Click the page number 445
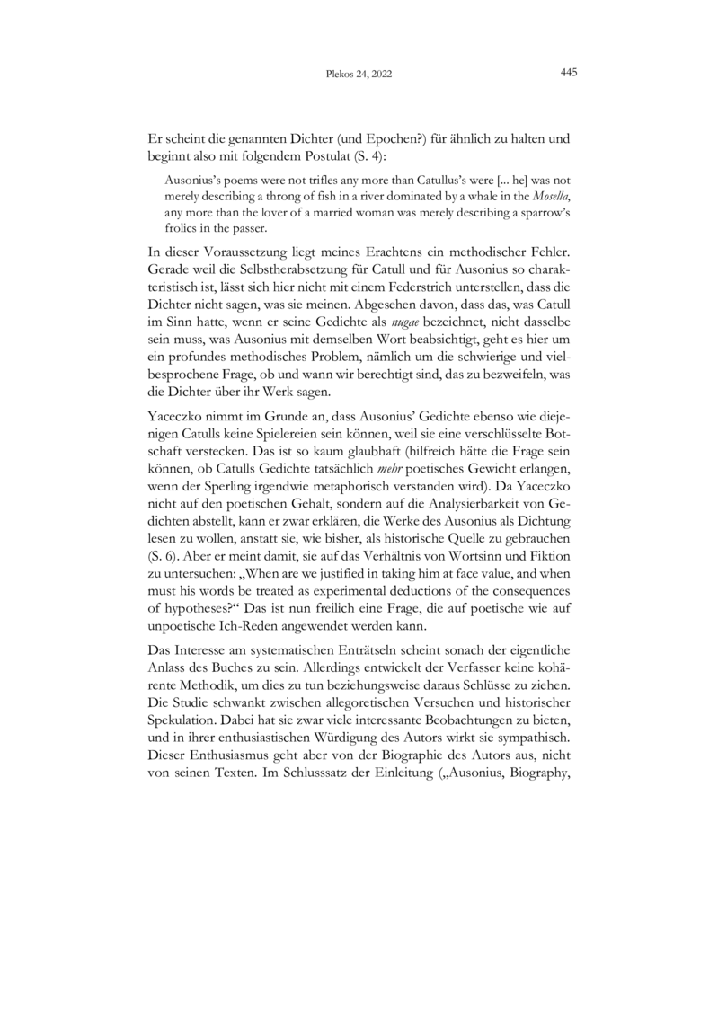coord(568,75)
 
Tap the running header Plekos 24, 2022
coord(357,75)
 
